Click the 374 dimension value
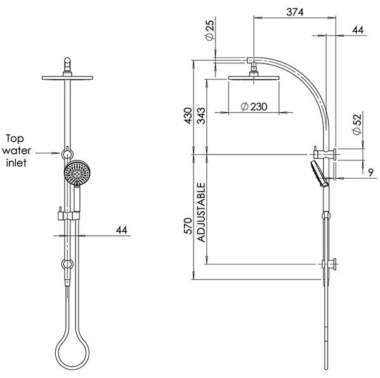(295, 12)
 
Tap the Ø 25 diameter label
(210, 30)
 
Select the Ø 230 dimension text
(254, 107)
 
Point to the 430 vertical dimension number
(188, 116)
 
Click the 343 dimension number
(201, 116)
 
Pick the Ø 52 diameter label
(357, 124)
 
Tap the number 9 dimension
(370, 173)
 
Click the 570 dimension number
(188, 226)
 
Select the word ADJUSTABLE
(201, 212)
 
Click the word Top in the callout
(15, 139)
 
